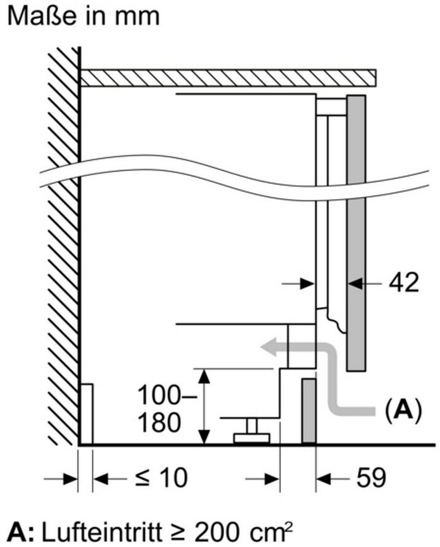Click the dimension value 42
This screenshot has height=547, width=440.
coord(403,283)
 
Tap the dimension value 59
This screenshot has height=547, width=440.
coord(371,478)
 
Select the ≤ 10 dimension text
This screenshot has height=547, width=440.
coord(161,478)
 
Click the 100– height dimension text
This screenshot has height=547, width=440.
coord(168,395)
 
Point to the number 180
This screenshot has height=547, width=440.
coord(159,422)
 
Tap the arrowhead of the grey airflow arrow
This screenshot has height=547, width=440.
coord(269,347)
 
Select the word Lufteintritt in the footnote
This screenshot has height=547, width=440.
coord(102,531)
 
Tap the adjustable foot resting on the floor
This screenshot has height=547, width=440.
coord(252,431)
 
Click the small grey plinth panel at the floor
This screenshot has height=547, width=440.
coord(309,411)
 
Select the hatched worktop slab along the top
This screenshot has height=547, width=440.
coord(228,78)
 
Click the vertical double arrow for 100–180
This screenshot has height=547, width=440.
coord(204,407)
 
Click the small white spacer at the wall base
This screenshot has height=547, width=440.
coord(87,414)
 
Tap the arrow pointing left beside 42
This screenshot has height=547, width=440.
coord(365,283)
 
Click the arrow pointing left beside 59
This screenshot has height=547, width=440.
coord(333,478)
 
